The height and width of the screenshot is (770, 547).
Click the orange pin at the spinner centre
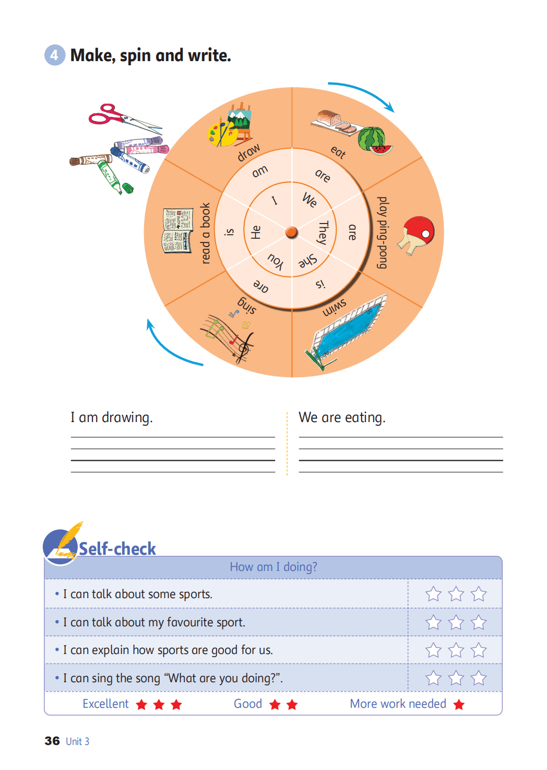click(292, 232)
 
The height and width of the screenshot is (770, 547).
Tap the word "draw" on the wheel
click(248, 152)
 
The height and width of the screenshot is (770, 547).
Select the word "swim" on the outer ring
click(334, 308)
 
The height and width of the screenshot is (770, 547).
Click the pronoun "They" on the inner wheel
click(323, 232)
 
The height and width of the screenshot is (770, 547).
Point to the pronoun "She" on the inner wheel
click(307, 261)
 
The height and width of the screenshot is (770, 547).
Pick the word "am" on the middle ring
click(259, 171)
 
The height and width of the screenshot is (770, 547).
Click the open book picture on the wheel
click(177, 231)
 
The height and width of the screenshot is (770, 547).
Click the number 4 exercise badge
click(54, 55)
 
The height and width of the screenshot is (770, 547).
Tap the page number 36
click(52, 741)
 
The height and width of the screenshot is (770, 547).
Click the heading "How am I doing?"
click(273, 567)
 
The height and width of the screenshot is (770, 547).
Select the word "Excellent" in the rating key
click(105, 704)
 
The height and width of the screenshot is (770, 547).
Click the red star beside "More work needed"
click(459, 705)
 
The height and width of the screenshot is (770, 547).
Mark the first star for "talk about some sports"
click(433, 594)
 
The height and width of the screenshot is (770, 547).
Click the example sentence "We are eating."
click(342, 418)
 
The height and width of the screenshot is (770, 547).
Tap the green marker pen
click(114, 177)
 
